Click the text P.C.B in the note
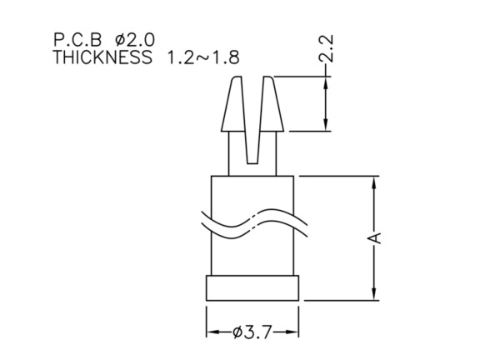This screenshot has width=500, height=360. (x=77, y=40)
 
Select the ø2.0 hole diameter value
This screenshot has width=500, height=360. (x=135, y=40)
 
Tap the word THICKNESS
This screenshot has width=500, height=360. (x=102, y=57)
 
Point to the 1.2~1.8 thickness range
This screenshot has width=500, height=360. (x=203, y=57)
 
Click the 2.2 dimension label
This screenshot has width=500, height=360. (x=326, y=48)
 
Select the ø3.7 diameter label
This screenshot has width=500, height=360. (x=252, y=332)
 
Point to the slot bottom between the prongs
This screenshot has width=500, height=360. (x=252, y=163)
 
